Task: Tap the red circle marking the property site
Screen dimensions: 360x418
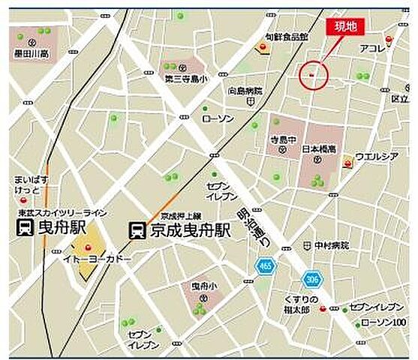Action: point(314,74)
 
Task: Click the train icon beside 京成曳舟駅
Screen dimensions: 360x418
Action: point(137,229)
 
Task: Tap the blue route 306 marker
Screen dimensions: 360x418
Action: point(311,280)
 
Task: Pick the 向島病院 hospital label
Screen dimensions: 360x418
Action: point(245,91)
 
